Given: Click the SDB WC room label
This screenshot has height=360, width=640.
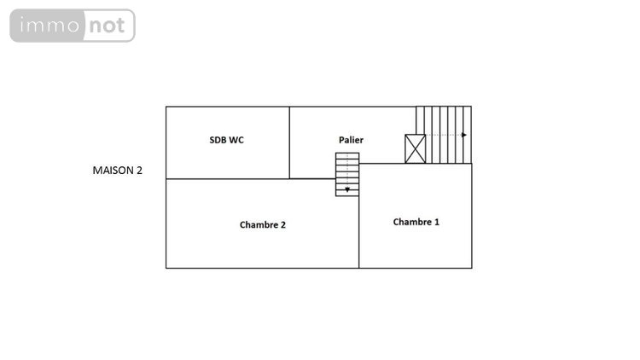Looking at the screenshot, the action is coord(226,140).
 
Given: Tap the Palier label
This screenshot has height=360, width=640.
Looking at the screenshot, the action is coord(351,140).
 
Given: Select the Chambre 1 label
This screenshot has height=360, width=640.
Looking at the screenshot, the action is coord(416,222).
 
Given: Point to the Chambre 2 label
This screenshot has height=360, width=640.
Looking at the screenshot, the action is coord(263,225).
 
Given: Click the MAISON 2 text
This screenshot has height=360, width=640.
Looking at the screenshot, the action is coord(118,171).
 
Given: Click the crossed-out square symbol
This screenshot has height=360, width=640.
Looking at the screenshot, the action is coord(415,149).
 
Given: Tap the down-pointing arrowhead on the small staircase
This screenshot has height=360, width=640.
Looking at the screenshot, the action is coord(347,189).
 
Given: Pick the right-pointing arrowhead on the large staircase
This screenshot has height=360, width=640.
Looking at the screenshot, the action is coord(464,135).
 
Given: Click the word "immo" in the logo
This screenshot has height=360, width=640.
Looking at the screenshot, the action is coord(49,26).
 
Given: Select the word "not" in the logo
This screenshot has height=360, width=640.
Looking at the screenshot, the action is coord(107,26).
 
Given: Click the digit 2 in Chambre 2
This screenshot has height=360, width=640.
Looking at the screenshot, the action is coord(283,225).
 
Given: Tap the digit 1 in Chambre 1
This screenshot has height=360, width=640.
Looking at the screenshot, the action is coord(437,222).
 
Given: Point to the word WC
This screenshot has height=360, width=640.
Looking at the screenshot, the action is coord(236,140).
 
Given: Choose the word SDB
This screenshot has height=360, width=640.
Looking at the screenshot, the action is coord(218,140).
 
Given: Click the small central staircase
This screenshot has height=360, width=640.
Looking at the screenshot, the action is coord(347,174).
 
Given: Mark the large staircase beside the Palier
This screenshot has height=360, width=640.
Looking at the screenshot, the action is coord(444,135).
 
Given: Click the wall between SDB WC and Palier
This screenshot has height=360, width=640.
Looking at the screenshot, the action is coord(289,142).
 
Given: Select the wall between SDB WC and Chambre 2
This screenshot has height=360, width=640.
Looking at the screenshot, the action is coord(228,179).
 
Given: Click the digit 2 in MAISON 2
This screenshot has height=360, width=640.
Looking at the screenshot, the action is coord(140,171).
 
